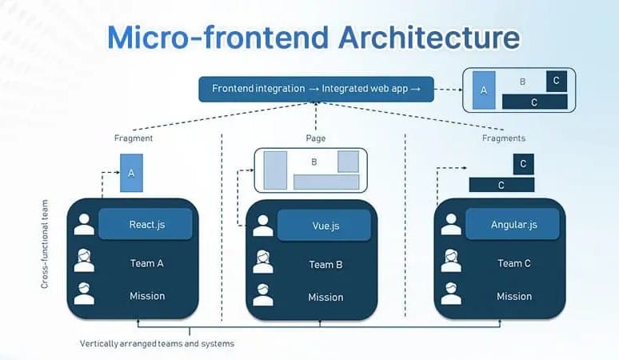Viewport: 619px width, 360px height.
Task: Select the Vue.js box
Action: [x=324, y=226]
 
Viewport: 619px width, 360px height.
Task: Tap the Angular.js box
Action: [x=513, y=225]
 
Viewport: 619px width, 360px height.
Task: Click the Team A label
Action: [x=147, y=263]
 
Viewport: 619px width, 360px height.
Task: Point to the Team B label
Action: [x=325, y=264]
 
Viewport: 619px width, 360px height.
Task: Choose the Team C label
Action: [x=514, y=263]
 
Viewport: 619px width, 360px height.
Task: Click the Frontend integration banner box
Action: [x=316, y=89]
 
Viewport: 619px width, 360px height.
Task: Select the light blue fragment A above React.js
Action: [x=131, y=174]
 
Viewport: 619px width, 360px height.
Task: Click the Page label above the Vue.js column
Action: [x=315, y=138]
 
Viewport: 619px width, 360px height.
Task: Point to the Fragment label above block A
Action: [x=134, y=138]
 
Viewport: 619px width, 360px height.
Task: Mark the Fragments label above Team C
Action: [x=503, y=138]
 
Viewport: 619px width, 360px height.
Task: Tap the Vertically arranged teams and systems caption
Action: [x=157, y=343]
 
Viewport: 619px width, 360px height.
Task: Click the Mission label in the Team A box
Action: [x=147, y=296]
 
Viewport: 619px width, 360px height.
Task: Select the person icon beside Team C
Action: [x=451, y=261]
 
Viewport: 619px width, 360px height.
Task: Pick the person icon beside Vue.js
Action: [x=263, y=226]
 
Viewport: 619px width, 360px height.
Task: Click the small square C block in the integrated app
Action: [x=557, y=80]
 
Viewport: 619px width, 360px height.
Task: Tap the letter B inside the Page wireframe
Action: [x=314, y=162]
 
